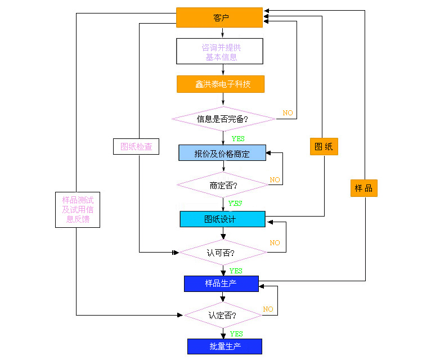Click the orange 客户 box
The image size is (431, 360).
click(x=219, y=17)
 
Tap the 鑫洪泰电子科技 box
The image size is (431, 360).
click(x=221, y=84)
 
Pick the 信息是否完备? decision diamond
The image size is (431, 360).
click(x=223, y=119)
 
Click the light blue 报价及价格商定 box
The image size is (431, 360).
click(x=222, y=153)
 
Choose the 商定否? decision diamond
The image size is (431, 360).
click(x=223, y=185)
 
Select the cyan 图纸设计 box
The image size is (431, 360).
click(x=222, y=219)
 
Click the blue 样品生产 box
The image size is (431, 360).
click(x=221, y=283)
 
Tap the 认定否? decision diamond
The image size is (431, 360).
click(x=222, y=315)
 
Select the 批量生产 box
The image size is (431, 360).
click(x=225, y=346)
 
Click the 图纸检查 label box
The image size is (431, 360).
click(x=136, y=147)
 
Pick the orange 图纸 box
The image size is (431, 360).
click(x=324, y=147)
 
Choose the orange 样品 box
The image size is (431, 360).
click(x=364, y=188)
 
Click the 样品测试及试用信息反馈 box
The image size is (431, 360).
click(x=78, y=209)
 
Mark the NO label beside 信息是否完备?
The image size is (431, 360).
click(x=288, y=113)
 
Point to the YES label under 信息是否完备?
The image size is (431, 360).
click(x=238, y=138)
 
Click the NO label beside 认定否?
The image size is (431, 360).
click(x=268, y=309)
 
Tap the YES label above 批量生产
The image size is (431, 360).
click(x=236, y=334)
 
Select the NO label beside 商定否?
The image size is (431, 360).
click(x=275, y=180)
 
